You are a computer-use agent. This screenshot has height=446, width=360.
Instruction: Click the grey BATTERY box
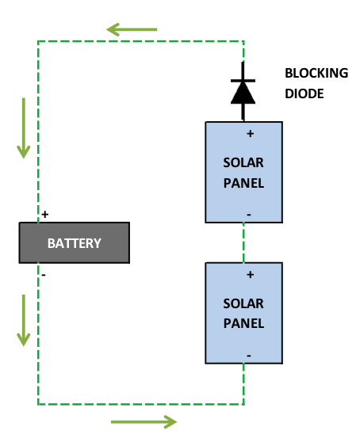pos(74,242)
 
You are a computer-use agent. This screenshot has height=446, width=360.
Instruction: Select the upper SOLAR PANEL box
pos(243,173)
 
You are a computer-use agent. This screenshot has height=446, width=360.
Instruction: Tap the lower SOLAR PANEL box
pos(243,314)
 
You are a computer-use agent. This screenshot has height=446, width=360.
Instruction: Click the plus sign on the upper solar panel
pos(250,134)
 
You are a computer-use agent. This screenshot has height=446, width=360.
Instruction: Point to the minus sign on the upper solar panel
pos(249,214)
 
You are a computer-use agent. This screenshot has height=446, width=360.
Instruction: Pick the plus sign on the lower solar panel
pos(250,275)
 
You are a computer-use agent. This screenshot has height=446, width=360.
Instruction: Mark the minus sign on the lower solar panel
pos(249,356)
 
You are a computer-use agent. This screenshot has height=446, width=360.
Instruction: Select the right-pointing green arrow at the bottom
pos(144,422)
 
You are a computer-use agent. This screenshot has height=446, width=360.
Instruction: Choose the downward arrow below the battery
pos(24,320)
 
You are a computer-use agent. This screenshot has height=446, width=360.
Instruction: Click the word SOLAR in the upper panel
pos(243,162)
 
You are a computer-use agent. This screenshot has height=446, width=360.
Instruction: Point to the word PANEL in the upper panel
pos(243,183)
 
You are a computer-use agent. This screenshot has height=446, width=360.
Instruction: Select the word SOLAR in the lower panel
pos(243,303)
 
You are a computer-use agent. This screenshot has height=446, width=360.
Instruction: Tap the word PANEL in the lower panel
pos(243,324)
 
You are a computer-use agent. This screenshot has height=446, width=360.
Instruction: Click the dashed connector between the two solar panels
pos(243,243)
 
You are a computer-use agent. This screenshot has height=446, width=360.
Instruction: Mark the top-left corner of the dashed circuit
pos(37,40)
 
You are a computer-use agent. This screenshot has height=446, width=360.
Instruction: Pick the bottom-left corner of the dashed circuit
pos(37,404)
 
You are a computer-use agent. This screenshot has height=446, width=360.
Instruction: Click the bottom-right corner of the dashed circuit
pos(243,404)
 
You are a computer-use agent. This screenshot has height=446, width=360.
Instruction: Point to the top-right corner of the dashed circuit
pos(243,40)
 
